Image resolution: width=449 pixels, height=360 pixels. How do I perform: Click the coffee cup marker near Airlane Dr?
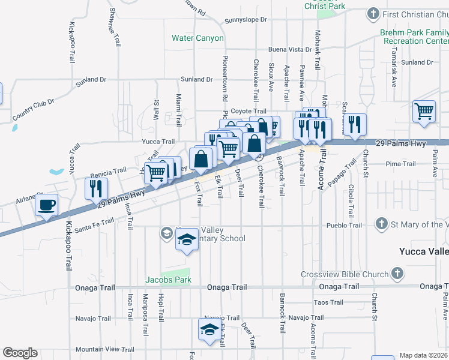click(46, 205)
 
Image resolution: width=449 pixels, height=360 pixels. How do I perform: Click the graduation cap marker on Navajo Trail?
click(209, 329)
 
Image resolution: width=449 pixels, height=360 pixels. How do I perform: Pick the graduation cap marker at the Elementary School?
click(187, 240)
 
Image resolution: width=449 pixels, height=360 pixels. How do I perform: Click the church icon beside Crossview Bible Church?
click(396, 274)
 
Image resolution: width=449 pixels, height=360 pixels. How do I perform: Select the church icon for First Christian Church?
click(373, 14)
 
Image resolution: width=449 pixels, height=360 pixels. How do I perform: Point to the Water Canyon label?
click(197, 38)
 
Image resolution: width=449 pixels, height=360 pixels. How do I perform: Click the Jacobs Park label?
click(168, 280)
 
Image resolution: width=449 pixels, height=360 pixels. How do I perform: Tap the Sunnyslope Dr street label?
click(245, 20)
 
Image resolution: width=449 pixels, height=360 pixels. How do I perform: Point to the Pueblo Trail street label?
click(344, 226)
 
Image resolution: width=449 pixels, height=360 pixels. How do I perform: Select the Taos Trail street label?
click(328, 302)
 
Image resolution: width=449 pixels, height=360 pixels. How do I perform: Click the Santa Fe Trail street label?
click(95, 221)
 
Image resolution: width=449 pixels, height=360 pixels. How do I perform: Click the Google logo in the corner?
click(20, 353)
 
